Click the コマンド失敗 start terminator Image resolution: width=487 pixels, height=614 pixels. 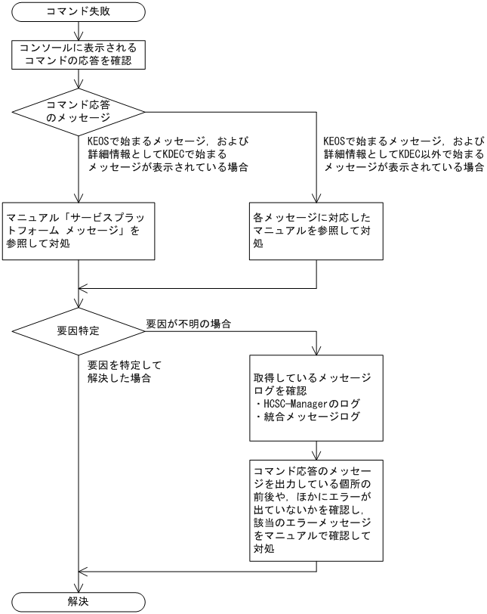[79, 12]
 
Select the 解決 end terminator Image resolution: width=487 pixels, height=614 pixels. [79, 602]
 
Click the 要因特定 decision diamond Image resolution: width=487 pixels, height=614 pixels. [79, 330]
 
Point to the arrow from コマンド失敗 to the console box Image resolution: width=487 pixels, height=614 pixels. [79, 29]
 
